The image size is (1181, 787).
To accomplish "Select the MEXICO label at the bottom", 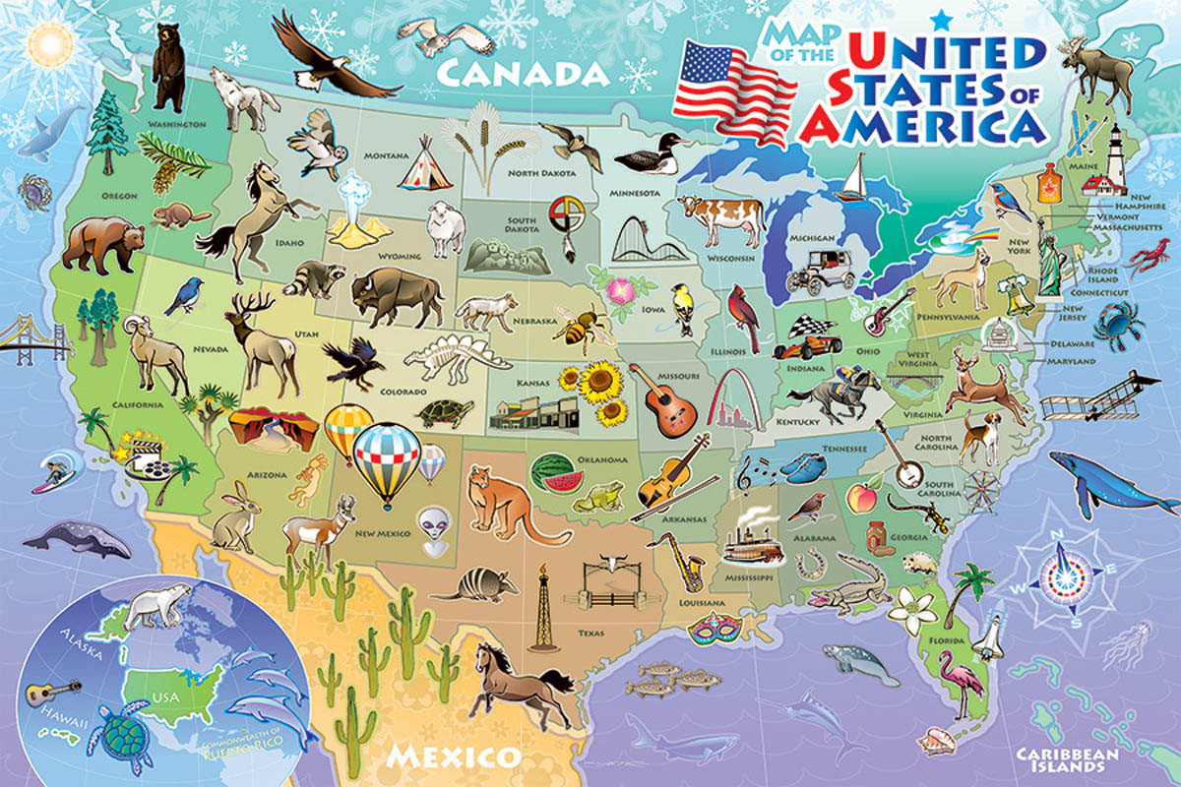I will point(453,756).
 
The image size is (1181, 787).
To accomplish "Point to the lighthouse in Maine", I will point(1120,157).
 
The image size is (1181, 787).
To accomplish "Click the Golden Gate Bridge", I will point(34,339).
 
